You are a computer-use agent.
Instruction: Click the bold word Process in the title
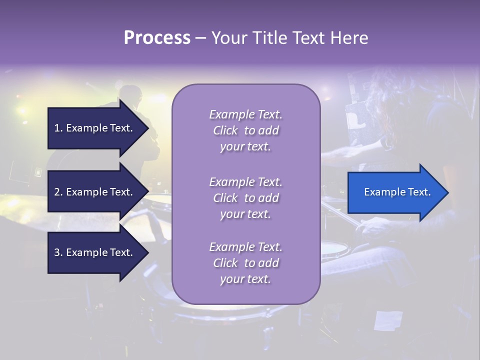(x=157, y=38)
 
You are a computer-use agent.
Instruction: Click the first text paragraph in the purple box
(x=245, y=130)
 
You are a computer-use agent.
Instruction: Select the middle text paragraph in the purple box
(x=245, y=198)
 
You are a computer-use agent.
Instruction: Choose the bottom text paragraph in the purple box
(x=245, y=263)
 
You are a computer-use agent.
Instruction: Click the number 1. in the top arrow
(x=58, y=128)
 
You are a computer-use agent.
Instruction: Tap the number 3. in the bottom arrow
(x=58, y=252)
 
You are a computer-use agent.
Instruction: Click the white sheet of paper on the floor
(x=388, y=320)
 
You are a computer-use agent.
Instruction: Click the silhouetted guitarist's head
(x=131, y=95)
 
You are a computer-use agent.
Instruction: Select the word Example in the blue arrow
(x=381, y=192)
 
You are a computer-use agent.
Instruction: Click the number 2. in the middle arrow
(x=58, y=192)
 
